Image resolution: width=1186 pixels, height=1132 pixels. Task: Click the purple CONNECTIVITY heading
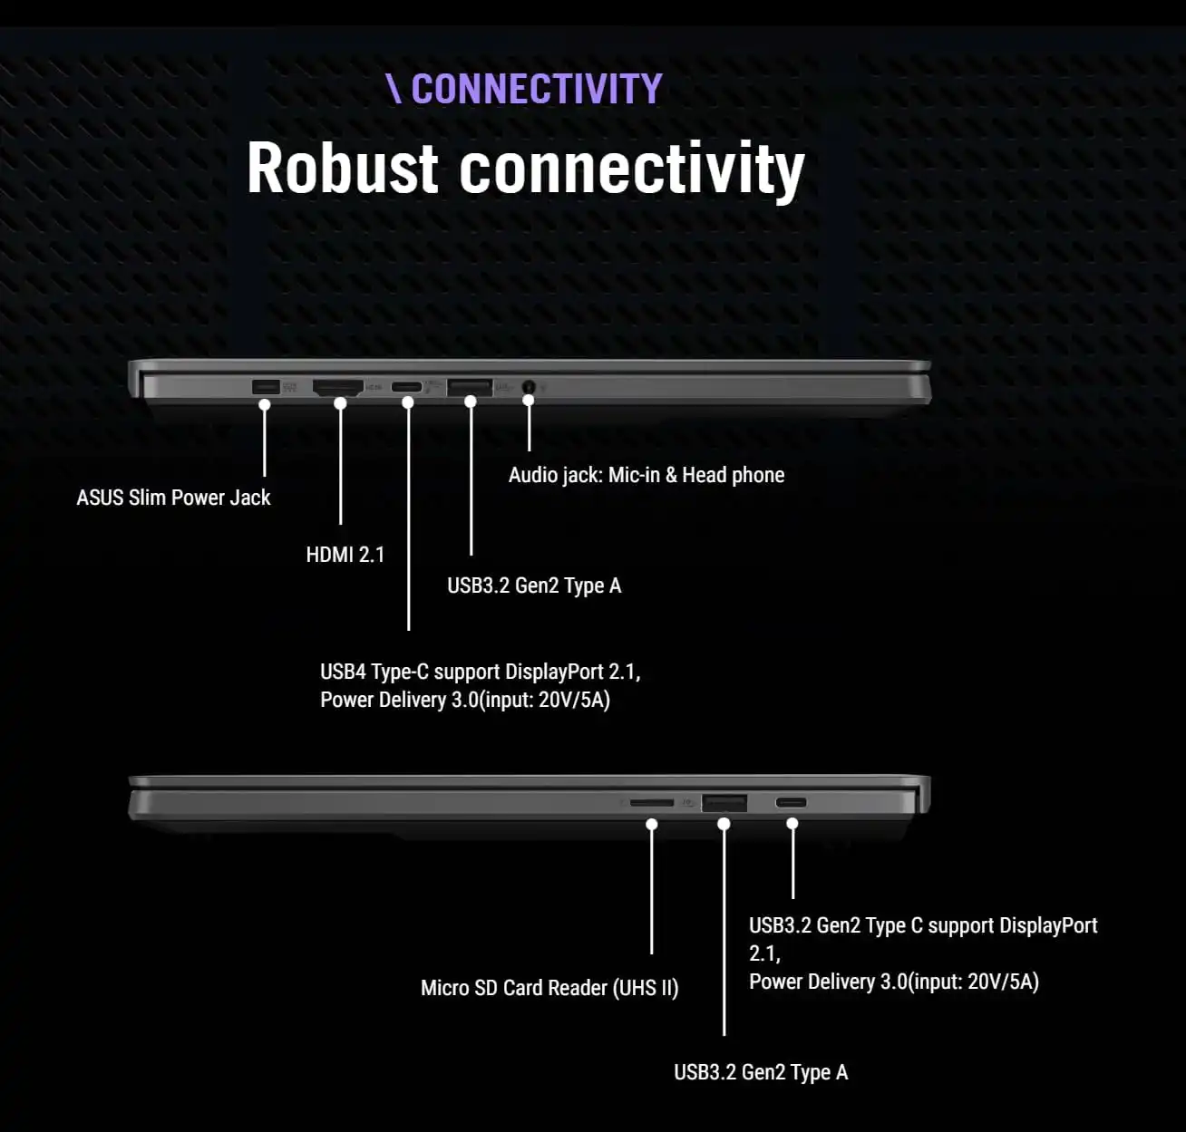click(535, 89)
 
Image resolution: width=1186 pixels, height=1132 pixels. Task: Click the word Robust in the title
click(342, 169)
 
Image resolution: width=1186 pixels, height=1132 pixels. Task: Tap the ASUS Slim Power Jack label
click(173, 498)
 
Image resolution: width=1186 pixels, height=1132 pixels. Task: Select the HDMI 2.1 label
click(345, 555)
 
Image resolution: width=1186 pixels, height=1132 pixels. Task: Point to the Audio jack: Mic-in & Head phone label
click(646, 475)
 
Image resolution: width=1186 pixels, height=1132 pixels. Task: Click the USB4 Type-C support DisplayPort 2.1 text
click(480, 672)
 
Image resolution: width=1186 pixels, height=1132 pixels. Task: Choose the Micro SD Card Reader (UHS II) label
click(549, 988)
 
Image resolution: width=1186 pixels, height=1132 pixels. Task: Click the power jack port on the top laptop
click(264, 387)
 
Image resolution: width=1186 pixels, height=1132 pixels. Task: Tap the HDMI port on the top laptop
click(337, 388)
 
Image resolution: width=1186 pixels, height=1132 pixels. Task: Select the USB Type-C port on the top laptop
click(407, 388)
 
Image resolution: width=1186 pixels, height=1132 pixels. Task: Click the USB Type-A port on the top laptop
click(470, 387)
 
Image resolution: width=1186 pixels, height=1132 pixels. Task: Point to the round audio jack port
click(529, 387)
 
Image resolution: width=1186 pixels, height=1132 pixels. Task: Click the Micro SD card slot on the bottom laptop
click(652, 803)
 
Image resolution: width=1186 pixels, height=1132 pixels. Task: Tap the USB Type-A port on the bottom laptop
click(724, 802)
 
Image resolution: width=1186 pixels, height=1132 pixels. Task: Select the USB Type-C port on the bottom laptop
click(791, 802)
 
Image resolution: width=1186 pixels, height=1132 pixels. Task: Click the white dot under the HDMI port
click(340, 403)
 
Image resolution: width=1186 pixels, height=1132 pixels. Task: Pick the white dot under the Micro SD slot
click(652, 824)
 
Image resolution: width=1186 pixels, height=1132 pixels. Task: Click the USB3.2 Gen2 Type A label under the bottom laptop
click(760, 1072)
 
